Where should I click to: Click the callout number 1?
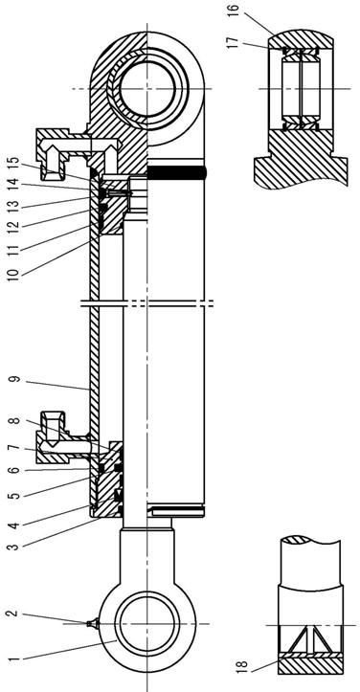point(15,661)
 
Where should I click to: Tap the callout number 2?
point(13,613)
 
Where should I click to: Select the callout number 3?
point(15,547)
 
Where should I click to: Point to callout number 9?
point(15,380)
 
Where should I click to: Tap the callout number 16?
point(234,9)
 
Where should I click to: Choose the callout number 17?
point(234,42)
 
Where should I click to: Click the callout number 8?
point(15,420)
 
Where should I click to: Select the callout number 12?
point(14,226)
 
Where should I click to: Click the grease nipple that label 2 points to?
point(91,623)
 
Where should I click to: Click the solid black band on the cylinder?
point(176,172)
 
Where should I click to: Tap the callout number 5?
point(15,496)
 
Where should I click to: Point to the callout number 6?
point(15,471)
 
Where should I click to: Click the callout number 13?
point(14,204)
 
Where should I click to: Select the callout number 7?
point(15,448)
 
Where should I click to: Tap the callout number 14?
point(14,182)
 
